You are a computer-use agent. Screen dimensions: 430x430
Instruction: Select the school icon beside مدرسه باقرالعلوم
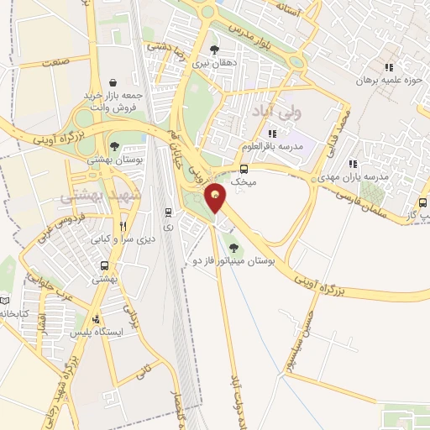pos(271,134)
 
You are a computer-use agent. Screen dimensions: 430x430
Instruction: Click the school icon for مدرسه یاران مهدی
pos(353,165)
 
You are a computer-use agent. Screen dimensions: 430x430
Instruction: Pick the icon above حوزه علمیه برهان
pos(388,68)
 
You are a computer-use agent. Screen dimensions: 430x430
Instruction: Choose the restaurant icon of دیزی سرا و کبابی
pos(123,226)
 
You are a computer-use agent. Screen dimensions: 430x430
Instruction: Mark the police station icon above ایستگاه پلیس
pos(97,319)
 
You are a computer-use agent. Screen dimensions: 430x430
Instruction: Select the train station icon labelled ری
pos(169,212)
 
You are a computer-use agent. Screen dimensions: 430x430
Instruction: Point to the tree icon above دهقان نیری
pos(214,50)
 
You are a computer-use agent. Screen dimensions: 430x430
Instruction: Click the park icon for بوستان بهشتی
pos(115,146)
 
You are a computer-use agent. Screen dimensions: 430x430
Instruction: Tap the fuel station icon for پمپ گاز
pos(422,202)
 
